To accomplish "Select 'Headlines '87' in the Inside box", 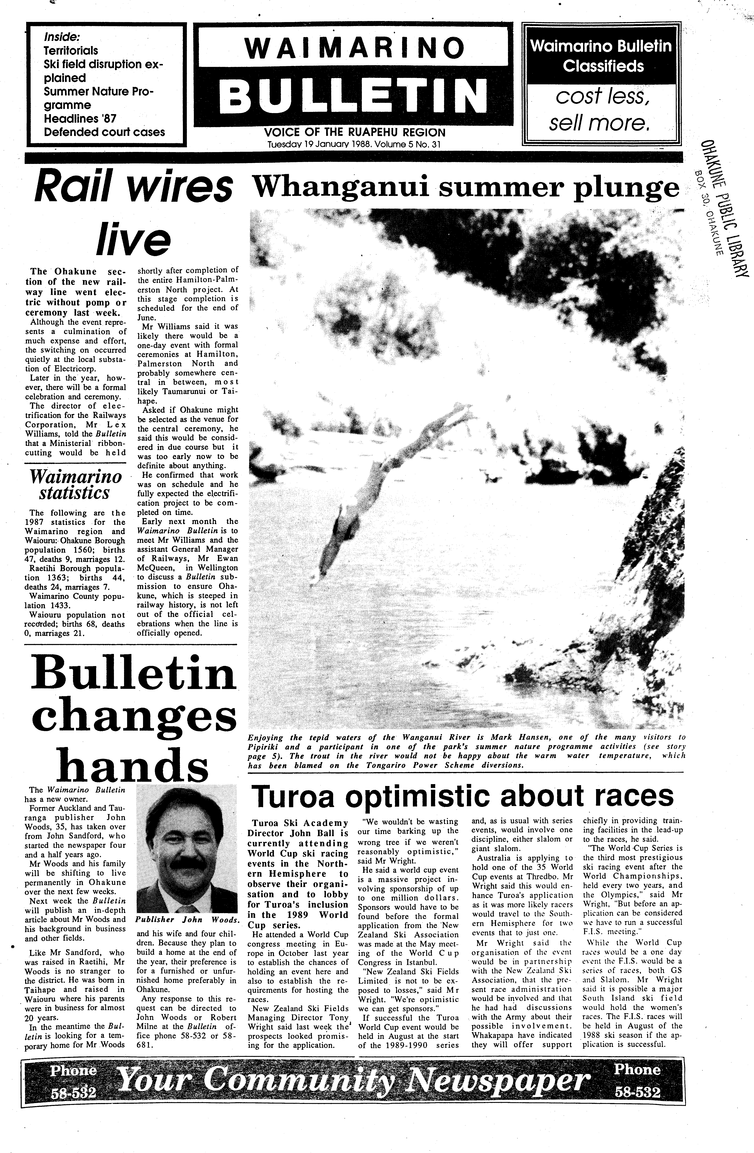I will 80,118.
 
